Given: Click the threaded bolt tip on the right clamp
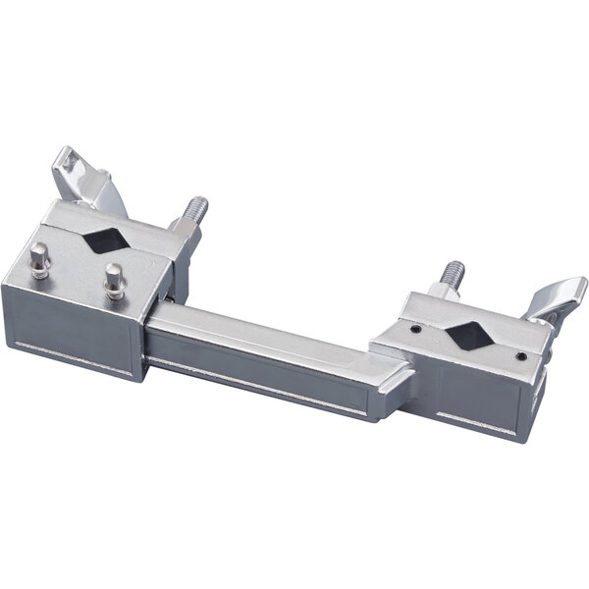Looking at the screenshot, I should click(453, 272).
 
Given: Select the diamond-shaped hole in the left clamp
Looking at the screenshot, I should click(104, 241).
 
